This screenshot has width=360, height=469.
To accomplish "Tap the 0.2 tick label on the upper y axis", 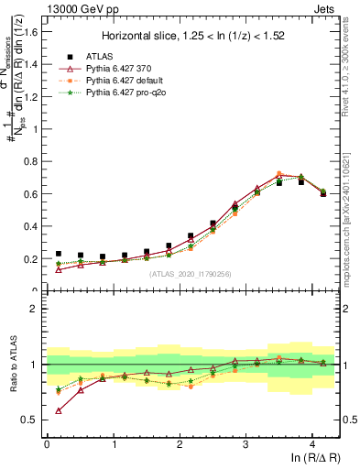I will click(31, 259).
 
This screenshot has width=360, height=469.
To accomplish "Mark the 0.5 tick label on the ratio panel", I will click(31, 420).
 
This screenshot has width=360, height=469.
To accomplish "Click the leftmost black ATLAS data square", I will click(59, 254).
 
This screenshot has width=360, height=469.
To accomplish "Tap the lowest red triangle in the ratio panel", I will click(59, 410).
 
